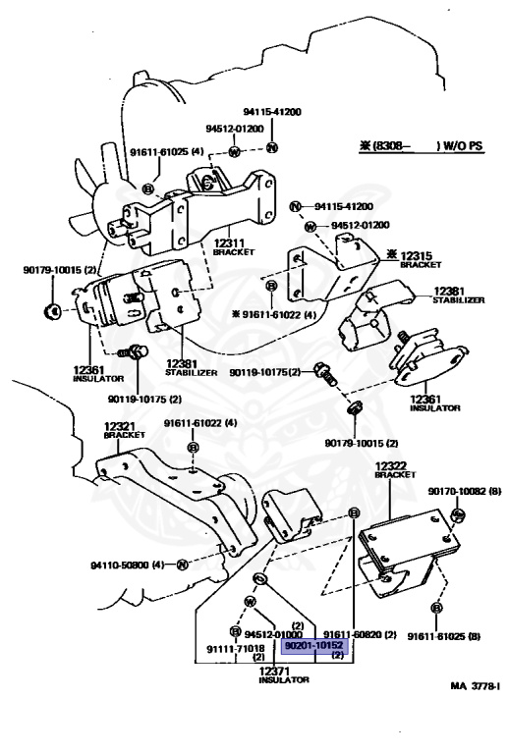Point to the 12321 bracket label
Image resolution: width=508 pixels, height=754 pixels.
coord(118,430)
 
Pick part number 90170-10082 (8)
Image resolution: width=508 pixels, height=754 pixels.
coord(464,491)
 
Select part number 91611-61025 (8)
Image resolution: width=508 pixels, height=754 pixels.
coord(443,635)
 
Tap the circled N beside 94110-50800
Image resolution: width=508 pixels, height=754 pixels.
coord(183,564)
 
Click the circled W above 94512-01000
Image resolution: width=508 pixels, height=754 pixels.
coord(250,601)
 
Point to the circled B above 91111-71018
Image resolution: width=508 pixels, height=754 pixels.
coord(234,629)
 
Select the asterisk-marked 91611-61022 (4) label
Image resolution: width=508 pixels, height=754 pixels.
coord(274,314)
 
